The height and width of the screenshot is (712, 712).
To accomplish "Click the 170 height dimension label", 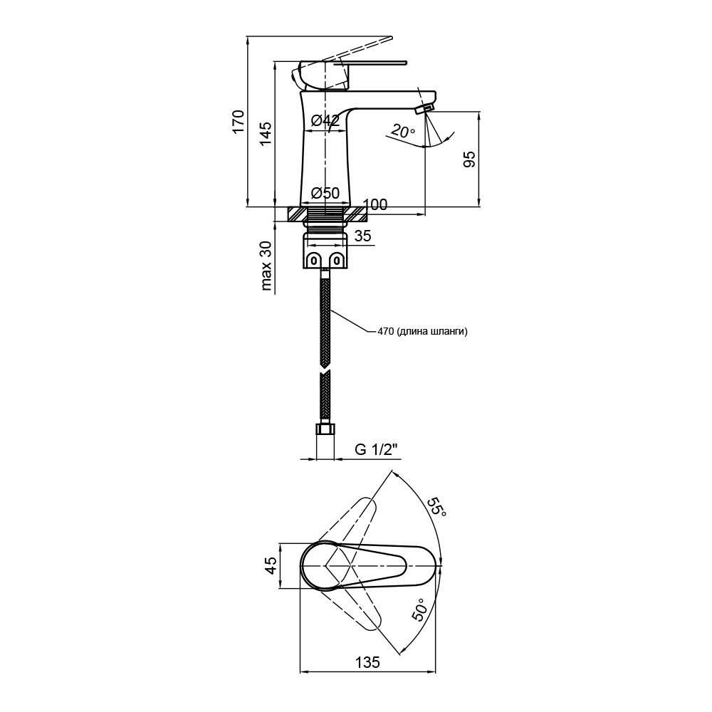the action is click(239, 121).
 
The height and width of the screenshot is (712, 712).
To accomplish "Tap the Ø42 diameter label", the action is click(325, 120).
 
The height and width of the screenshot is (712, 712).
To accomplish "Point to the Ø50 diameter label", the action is click(325, 193).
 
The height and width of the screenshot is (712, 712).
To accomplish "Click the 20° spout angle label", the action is click(402, 131).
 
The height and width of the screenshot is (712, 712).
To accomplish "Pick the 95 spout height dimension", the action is click(469, 159).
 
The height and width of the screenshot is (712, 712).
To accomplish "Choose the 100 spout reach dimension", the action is click(375, 205).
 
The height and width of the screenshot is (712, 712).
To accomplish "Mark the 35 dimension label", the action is click(362, 236).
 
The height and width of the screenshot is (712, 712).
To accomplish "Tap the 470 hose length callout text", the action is click(422, 332).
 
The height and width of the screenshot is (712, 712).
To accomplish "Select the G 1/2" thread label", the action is click(377, 449).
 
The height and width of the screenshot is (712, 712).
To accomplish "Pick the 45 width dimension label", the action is click(270, 566).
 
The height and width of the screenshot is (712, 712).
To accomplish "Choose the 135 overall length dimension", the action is click(368, 662).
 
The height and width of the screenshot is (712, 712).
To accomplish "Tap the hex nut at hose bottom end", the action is click(325, 429).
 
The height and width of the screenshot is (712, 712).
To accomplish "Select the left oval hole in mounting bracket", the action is click(314, 260).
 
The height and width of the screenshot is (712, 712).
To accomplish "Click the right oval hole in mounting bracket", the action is click(337, 260).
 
